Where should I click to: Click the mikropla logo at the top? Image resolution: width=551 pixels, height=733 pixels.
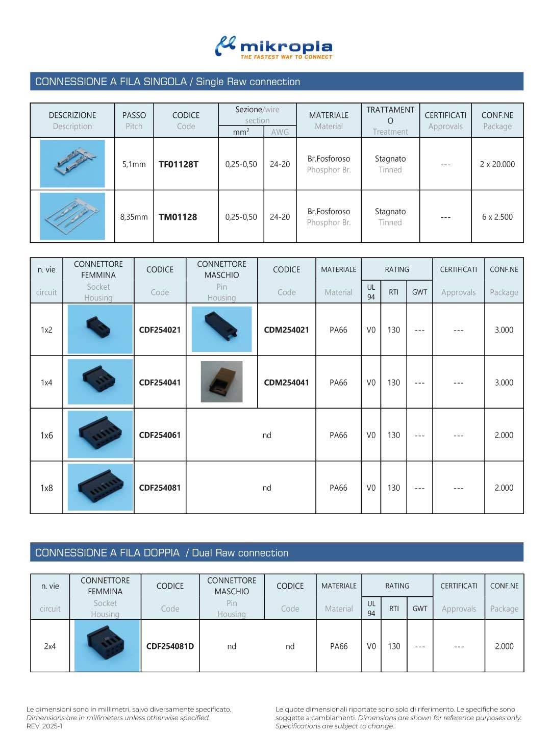click(x=274, y=47)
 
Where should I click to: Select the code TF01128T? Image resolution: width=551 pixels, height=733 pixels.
click(x=179, y=164)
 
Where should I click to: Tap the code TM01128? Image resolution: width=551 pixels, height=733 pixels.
click(x=178, y=217)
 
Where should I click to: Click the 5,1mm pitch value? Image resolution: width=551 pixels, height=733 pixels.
click(x=134, y=164)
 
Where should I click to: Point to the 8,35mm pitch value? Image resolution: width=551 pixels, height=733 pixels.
click(x=134, y=217)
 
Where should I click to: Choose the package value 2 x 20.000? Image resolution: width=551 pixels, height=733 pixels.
click(x=497, y=164)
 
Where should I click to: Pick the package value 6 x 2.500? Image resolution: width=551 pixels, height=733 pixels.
click(x=497, y=217)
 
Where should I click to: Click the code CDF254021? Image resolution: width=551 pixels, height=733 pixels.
click(x=160, y=330)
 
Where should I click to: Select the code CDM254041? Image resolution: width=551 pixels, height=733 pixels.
click(x=286, y=383)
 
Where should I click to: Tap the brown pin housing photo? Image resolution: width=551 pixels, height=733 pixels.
click(x=221, y=382)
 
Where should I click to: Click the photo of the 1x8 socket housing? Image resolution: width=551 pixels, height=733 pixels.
click(x=100, y=488)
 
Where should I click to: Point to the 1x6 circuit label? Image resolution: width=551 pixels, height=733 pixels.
click(x=46, y=435)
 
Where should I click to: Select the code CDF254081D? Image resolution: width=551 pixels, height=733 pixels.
click(x=170, y=646)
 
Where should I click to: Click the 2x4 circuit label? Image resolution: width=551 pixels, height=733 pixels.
click(x=50, y=646)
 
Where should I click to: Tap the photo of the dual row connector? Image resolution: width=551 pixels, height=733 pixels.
click(x=107, y=645)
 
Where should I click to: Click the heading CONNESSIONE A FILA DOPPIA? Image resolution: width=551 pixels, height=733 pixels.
click(x=108, y=553)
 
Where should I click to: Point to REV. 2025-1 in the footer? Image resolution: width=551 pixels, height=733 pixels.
click(x=44, y=726)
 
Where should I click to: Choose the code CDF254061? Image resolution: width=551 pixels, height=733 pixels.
click(x=160, y=435)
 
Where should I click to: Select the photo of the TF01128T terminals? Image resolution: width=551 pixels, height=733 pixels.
click(x=72, y=164)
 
